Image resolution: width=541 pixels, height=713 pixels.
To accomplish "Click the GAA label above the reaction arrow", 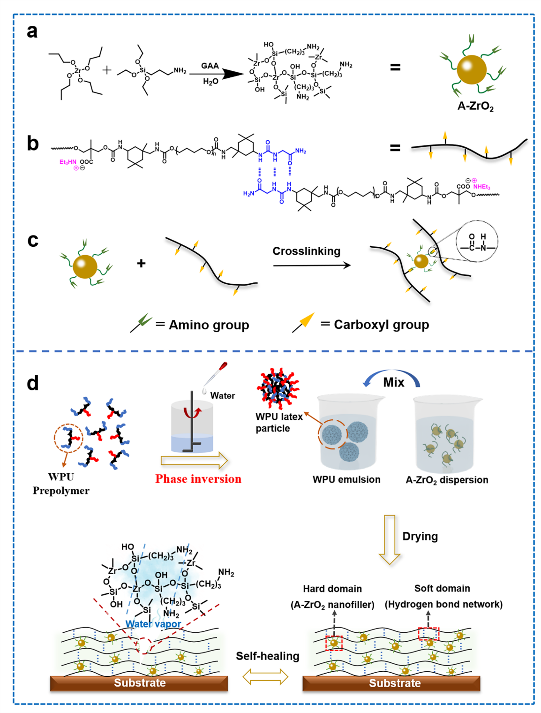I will coord(210,66).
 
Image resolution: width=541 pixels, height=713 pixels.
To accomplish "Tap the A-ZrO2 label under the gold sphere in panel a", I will coord(475,106).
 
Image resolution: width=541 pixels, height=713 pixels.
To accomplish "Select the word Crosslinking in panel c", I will coord(306,251).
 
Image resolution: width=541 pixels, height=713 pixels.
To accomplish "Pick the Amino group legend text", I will coord(209,325).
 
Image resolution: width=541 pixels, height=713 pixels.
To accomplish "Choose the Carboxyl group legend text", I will coord(381,325).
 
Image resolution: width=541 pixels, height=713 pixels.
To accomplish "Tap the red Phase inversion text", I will coord(198,479).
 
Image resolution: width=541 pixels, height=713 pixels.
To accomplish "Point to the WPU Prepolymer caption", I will coord(61,484).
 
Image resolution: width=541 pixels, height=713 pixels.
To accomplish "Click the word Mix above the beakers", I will coord(393,382).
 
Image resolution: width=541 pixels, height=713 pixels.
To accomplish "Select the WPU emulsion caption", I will coord(346,479).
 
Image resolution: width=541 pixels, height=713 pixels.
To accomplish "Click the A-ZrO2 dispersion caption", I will coord(447,480).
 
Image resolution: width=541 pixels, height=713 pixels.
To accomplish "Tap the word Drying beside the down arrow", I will coord(420,536).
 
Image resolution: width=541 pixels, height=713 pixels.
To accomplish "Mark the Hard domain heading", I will coord(332,589).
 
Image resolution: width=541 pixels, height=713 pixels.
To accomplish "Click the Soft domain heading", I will coord(442,588).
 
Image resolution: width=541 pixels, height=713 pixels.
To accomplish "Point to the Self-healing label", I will coord(267,656).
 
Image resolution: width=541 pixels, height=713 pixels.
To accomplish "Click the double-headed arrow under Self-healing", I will coord(265,676).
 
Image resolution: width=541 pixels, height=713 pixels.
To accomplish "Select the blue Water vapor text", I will coord(153,624).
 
